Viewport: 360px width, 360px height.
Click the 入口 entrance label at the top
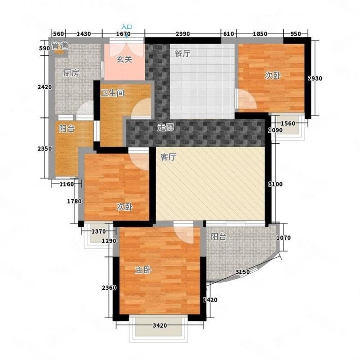[x=127, y=27]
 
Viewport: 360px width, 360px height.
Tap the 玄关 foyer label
[x=124, y=59]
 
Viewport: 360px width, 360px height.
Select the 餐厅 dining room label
[x=183, y=54]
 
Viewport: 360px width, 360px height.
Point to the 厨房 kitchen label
[x=71, y=73]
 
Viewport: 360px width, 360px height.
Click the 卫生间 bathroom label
[x=112, y=93]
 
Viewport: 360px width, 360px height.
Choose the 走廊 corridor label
[x=165, y=127]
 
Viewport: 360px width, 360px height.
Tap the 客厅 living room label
[x=168, y=157]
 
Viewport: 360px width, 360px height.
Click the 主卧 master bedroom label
[x=143, y=270]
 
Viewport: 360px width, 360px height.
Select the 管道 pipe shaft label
[x=59, y=46]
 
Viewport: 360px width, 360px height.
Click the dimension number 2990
[x=183, y=34]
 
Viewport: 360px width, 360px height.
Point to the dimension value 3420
[x=160, y=325]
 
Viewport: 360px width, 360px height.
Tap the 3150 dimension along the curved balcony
[x=242, y=272]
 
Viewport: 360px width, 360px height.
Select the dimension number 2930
[x=315, y=78]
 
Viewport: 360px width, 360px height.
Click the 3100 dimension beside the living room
[x=275, y=184]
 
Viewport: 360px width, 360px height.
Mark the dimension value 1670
[x=123, y=34]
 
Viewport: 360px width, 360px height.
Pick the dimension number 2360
[x=109, y=287]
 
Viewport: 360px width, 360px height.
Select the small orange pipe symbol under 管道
[x=59, y=52]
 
